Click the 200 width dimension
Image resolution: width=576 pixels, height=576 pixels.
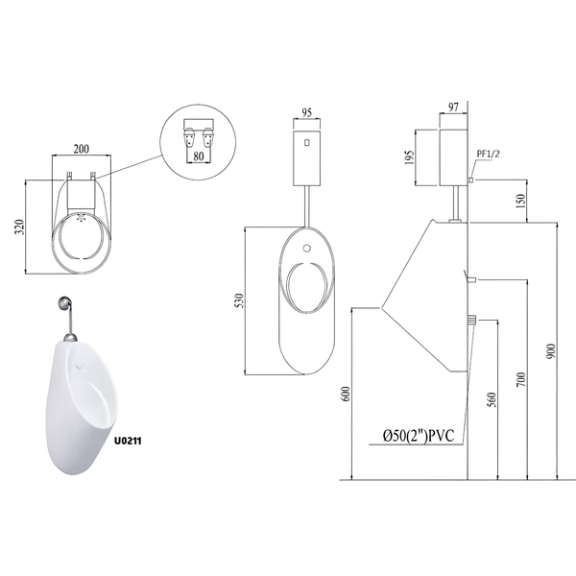(x=82, y=149)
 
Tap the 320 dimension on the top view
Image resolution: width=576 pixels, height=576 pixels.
(x=19, y=227)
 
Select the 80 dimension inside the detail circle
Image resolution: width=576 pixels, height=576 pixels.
(x=199, y=156)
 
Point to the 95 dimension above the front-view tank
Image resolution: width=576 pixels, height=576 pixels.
(x=306, y=112)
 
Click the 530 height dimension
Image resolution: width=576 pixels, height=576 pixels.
(x=239, y=300)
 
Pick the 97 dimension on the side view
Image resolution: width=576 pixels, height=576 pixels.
(x=454, y=107)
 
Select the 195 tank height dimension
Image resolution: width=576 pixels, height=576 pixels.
(x=410, y=157)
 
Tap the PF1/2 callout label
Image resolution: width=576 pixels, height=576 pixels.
(x=489, y=154)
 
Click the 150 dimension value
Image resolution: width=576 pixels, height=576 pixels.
(x=521, y=201)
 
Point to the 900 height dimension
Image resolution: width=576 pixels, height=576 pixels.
(x=551, y=351)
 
